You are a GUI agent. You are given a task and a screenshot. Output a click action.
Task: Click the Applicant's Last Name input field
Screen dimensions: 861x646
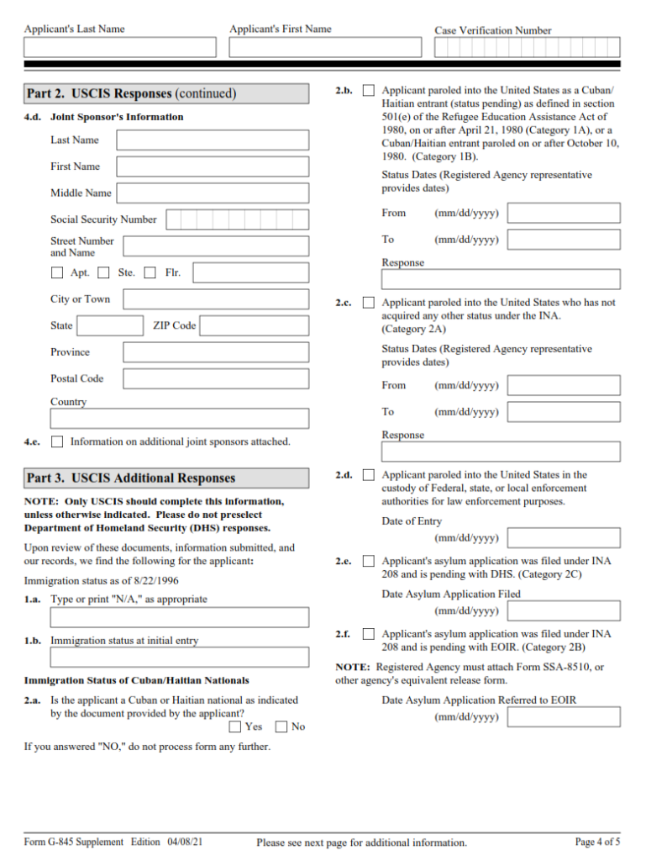pos(120,48)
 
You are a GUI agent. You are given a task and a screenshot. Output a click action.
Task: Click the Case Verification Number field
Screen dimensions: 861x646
pos(527,48)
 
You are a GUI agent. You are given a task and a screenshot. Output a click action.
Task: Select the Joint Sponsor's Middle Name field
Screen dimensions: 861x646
pos(212,193)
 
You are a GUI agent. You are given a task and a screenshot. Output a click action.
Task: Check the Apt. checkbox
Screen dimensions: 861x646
pos(57,272)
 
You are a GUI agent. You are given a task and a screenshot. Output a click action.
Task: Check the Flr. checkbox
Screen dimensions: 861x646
pos(150,272)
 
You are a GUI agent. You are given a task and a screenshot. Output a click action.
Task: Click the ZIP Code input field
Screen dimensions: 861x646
pos(254,326)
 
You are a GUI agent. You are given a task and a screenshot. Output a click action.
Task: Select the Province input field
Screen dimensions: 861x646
pos(215,352)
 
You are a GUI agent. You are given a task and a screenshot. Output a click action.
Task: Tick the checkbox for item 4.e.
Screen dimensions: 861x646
pos(57,441)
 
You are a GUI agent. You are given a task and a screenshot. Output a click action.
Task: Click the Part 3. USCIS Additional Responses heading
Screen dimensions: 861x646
pos(131,478)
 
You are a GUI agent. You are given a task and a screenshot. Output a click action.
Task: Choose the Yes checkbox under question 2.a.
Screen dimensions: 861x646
pos(235,726)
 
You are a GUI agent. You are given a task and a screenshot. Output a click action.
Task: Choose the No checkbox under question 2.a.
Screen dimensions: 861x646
pos(281,726)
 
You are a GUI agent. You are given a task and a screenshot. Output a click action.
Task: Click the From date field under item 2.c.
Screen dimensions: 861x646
pos(564,386)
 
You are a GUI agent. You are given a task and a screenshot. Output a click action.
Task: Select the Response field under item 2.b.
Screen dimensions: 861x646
pos(501,279)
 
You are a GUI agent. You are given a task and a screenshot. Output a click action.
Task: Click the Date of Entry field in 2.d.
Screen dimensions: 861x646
pos(564,538)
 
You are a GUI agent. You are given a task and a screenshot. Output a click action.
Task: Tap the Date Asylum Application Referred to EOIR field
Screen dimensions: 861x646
pos(564,717)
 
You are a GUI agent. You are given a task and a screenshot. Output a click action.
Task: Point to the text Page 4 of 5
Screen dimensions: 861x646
pos(597,842)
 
